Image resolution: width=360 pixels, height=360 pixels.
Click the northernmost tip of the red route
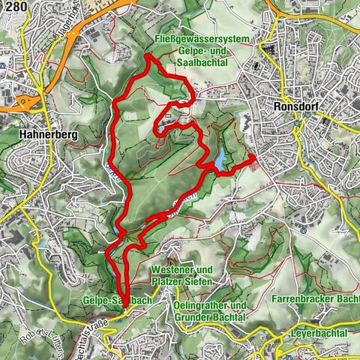tap(146, 55)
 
